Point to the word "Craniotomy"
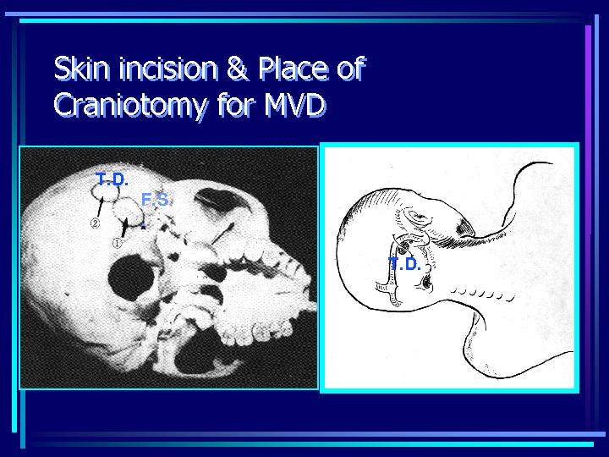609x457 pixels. (x=131, y=106)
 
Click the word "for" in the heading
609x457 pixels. (x=236, y=105)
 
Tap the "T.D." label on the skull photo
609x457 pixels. (x=112, y=179)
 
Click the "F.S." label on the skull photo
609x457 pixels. (x=156, y=200)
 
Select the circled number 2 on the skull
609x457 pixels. (x=95, y=223)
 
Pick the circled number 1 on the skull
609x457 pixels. (x=118, y=243)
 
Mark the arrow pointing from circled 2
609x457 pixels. (x=100, y=207)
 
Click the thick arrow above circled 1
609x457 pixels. (x=124, y=228)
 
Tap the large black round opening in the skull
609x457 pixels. (x=131, y=277)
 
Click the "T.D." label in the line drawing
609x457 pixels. (x=404, y=265)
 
